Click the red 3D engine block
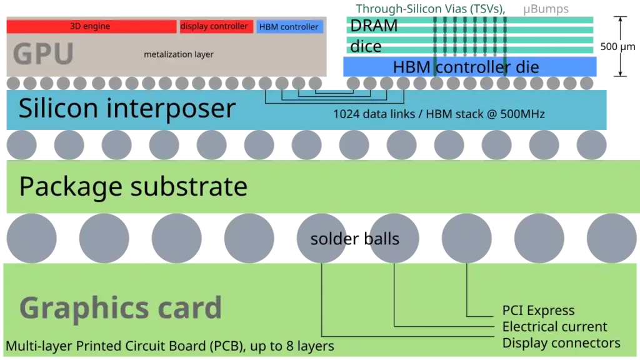pos(91,26)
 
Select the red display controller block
pos(216,26)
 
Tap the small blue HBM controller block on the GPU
pos(289,27)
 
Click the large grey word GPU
pos(43,54)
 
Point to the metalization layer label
pos(179,54)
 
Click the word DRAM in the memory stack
pos(374,26)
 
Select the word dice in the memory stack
pos(366,47)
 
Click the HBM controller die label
pos(466,67)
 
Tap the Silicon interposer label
pos(127,108)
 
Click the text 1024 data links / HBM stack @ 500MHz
pos(439,114)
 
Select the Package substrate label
pos(133,186)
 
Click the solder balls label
pos(354,239)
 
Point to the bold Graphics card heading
pos(121,307)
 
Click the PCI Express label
pos(538,311)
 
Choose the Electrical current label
pos(554,327)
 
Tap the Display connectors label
pos(561,343)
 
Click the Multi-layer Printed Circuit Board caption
pos(170,346)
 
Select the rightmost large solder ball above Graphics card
pos(611,238)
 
